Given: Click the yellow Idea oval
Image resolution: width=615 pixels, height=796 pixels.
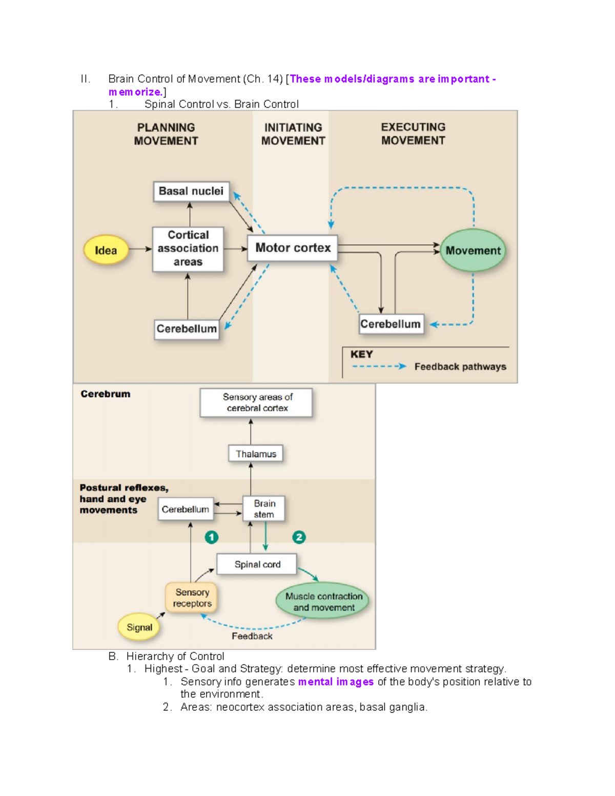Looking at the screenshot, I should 106,250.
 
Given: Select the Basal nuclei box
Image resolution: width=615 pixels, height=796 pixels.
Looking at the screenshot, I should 191,191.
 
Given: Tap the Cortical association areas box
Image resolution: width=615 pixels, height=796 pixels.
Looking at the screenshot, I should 188,249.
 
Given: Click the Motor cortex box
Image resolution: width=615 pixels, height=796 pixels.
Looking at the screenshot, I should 293,248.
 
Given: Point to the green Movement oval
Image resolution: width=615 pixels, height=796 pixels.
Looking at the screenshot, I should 473,251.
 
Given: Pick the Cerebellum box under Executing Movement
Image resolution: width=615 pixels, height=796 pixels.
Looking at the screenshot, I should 391,324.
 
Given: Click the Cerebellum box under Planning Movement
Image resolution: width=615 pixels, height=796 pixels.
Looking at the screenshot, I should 187,329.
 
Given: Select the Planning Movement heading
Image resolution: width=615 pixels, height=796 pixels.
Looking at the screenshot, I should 166,134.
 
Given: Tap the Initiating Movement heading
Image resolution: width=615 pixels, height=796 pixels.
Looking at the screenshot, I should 293,134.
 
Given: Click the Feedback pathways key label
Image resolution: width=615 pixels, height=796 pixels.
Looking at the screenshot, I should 460,366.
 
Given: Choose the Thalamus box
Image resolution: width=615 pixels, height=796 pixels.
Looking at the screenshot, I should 256,454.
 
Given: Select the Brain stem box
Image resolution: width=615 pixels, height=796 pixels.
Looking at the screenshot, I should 264,508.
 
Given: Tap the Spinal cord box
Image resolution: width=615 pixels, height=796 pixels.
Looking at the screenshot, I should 257,564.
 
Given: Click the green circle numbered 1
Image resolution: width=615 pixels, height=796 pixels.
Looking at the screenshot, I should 212,537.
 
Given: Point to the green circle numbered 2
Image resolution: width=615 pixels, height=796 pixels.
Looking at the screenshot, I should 299,537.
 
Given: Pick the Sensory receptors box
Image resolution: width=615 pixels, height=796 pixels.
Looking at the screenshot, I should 192,598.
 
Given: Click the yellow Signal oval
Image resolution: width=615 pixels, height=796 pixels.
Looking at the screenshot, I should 139,627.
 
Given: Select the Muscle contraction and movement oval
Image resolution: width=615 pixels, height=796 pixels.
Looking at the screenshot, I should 323,602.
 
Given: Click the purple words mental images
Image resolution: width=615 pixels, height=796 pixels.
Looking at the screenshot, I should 336,682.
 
